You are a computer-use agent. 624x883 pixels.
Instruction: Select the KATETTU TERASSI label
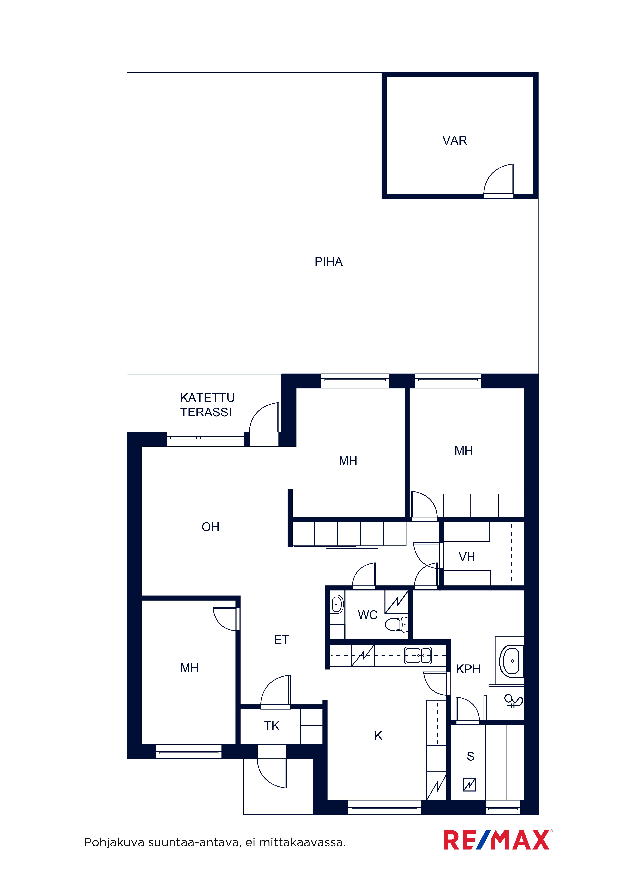pos(207,405)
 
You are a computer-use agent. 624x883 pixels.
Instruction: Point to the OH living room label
pos(210,527)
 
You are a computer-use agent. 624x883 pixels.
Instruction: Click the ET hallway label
pos(281,640)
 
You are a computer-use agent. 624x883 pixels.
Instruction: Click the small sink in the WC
pos(337,605)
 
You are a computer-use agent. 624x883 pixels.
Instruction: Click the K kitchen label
pos(378,736)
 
